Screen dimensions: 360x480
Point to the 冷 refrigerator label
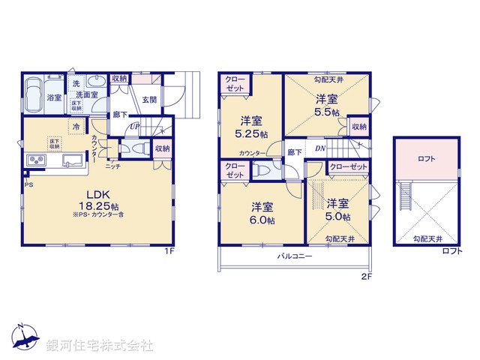click(76, 127)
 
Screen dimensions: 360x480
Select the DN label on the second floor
click(319, 148)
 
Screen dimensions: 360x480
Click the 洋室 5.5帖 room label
click(325, 104)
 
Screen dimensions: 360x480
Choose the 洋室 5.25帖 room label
click(250, 127)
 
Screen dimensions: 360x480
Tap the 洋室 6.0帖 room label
click(262, 213)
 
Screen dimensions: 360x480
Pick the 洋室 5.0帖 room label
click(337, 209)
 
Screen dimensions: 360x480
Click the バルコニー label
click(293, 256)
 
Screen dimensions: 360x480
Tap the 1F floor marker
click(170, 250)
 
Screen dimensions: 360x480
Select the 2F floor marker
click(367, 276)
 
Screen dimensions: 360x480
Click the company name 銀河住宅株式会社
click(100, 346)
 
